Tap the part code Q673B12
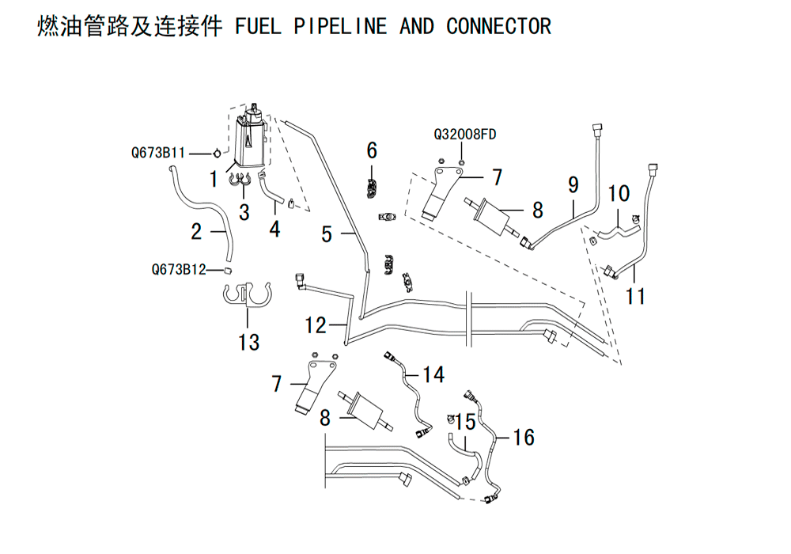(179, 269)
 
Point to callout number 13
(248, 342)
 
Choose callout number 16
(524, 436)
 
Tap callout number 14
(433, 374)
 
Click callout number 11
(636, 296)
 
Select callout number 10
(619, 193)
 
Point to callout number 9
(573, 185)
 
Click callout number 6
(372, 150)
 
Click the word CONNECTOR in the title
(498, 26)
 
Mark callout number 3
(244, 212)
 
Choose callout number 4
(274, 229)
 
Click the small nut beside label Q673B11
(215, 151)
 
